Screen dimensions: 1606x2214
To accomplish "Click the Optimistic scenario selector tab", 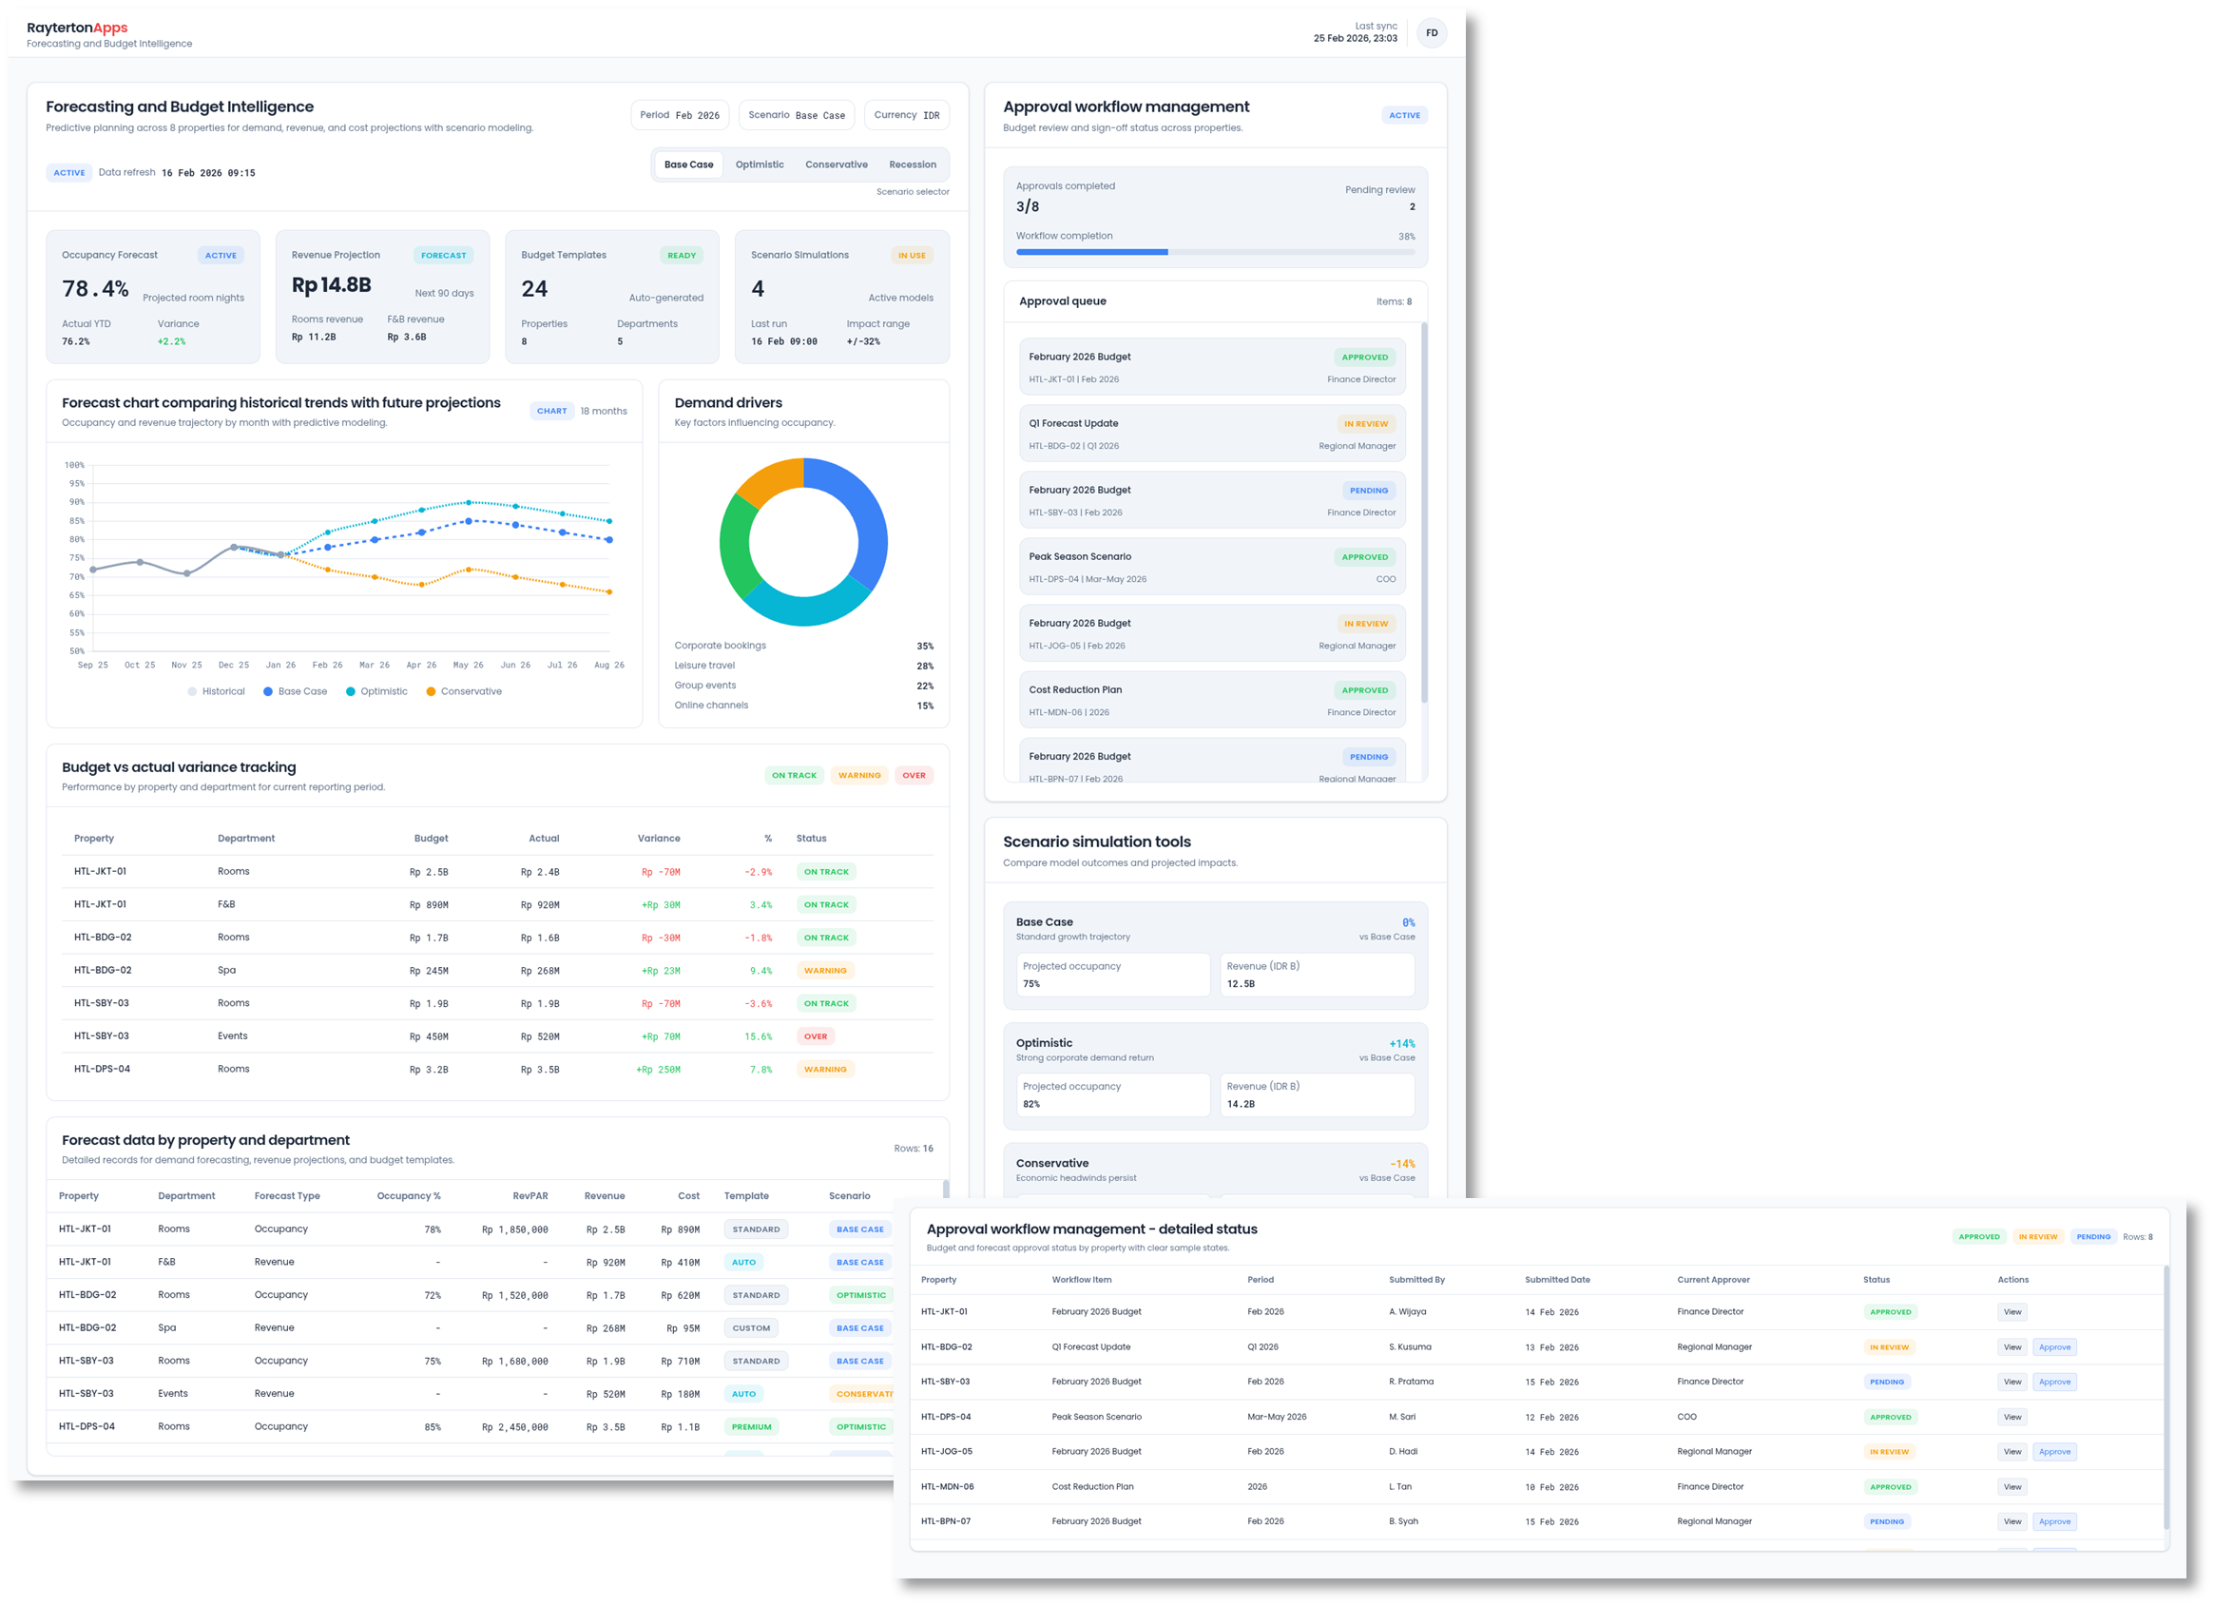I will [x=760, y=165].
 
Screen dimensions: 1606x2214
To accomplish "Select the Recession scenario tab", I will [x=912, y=165].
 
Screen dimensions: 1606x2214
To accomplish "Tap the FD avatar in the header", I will [x=1431, y=33].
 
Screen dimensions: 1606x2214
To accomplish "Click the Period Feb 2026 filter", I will [x=680, y=115].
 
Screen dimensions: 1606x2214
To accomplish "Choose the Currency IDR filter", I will [x=906, y=115].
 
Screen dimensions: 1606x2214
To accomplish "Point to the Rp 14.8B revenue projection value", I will [x=331, y=285].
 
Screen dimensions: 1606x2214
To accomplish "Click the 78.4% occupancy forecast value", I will [x=95, y=289].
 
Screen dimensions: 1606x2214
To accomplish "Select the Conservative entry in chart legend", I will [x=464, y=691].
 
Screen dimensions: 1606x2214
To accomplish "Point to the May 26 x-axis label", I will [x=468, y=665].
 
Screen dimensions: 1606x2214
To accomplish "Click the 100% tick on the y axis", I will [x=74, y=465].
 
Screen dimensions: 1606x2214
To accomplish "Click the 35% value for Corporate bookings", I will [x=924, y=647].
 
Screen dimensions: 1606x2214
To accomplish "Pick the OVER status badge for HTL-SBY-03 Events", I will [x=815, y=1036].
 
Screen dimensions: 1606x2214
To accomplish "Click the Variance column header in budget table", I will [x=658, y=839].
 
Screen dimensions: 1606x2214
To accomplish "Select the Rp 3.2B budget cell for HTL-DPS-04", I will [x=429, y=1070].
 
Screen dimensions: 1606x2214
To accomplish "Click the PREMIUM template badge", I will [x=751, y=1427].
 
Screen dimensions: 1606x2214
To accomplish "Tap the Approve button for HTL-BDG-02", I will [x=2054, y=1347].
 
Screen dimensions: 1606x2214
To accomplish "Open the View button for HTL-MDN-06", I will [x=2012, y=1487].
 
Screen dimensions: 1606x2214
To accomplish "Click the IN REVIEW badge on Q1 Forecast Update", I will [x=1365, y=424].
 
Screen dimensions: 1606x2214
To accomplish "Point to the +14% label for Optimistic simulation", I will [x=1401, y=1044].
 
